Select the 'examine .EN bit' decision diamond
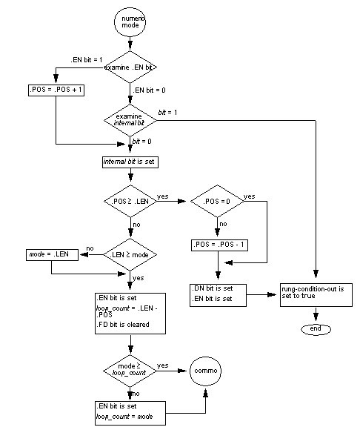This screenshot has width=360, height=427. (x=130, y=67)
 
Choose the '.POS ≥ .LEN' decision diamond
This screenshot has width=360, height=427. (x=130, y=202)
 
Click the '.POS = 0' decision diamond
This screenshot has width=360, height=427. (x=216, y=202)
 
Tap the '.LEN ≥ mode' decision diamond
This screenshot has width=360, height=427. (x=130, y=254)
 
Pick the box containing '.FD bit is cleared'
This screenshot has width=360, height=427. (x=130, y=312)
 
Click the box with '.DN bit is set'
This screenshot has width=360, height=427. (x=216, y=293)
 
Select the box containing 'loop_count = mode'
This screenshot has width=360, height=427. (x=130, y=411)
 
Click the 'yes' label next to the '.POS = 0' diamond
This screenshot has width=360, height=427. (x=250, y=196)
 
